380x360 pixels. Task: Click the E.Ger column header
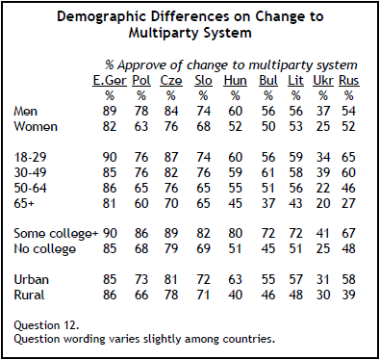point(110,81)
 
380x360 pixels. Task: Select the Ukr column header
point(323,81)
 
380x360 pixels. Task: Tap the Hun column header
point(235,81)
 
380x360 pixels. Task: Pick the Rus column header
point(349,81)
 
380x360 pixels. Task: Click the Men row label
point(25,112)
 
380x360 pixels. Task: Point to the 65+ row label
point(24,203)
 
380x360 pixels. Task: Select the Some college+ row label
point(56,234)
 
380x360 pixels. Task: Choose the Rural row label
point(29,295)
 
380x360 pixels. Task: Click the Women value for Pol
point(141,126)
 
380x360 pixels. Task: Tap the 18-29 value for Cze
point(171,157)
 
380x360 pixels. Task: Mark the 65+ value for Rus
point(348,203)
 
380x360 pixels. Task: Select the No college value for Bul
point(268,248)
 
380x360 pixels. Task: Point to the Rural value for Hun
point(235,295)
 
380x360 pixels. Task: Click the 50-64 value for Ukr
point(323,188)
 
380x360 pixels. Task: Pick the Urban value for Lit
point(295,279)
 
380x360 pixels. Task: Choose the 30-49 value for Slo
point(203,172)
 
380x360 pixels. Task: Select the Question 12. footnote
point(46,325)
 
